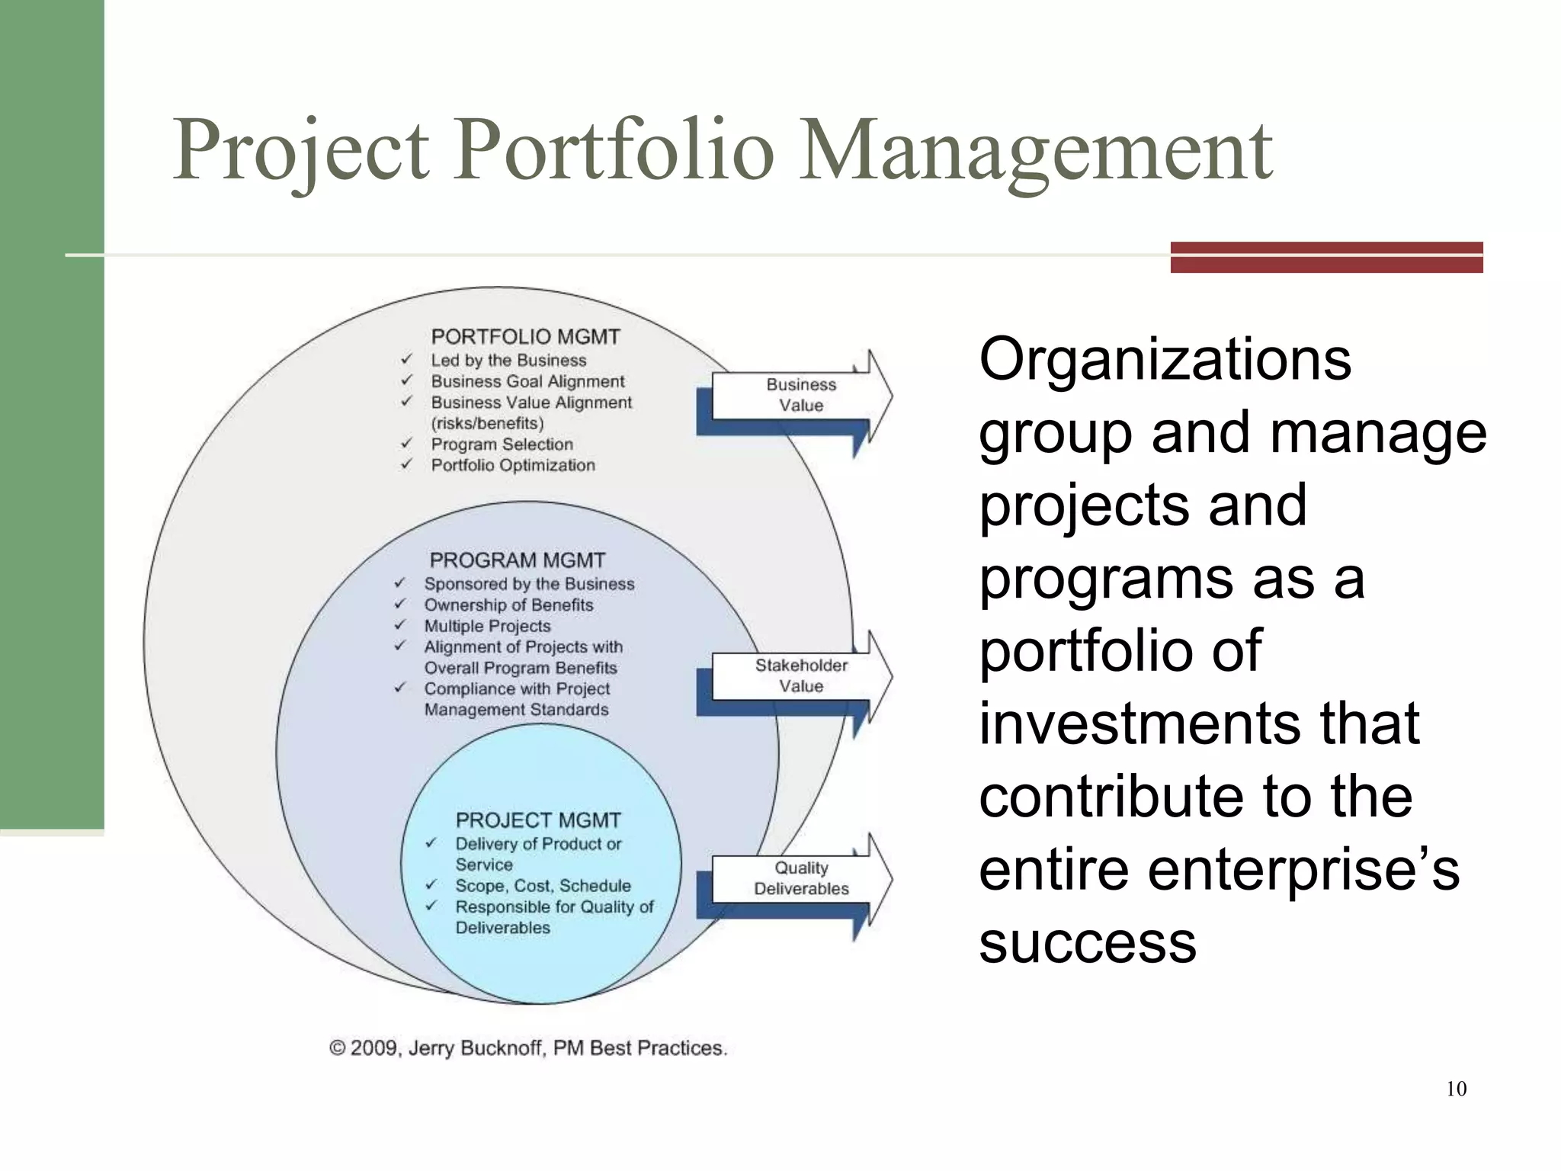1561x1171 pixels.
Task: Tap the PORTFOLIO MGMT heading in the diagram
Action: point(525,337)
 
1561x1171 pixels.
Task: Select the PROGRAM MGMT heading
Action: point(517,560)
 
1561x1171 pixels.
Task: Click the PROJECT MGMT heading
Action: point(538,820)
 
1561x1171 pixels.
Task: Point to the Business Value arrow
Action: point(800,395)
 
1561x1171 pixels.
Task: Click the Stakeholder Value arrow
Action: point(800,675)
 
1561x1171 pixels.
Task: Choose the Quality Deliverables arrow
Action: point(800,878)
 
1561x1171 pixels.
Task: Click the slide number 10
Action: point(1456,1089)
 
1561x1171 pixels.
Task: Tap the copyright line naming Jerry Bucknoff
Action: point(528,1048)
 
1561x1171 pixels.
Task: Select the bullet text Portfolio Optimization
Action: point(513,465)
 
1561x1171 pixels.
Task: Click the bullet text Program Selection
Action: point(502,444)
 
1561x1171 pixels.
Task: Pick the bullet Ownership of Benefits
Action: point(508,605)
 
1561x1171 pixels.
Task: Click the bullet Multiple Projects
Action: point(487,626)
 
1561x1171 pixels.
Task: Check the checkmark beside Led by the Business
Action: point(406,359)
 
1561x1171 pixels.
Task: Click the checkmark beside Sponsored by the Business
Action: point(399,583)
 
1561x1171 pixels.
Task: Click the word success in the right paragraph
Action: point(1088,942)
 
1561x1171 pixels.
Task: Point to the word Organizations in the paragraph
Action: point(1165,359)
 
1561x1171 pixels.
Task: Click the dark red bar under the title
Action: point(1326,257)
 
